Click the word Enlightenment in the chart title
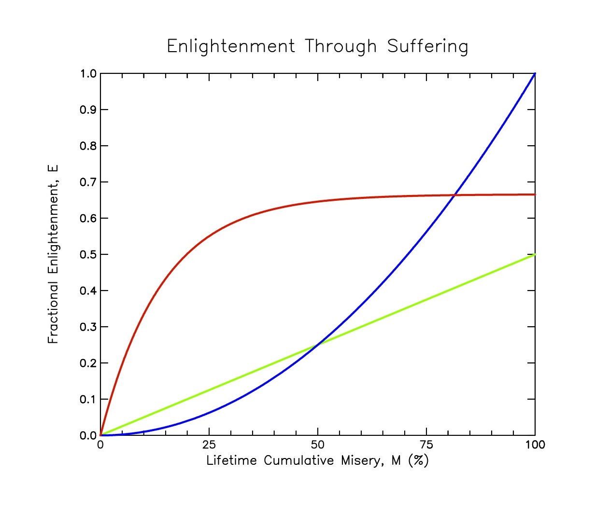click(x=231, y=47)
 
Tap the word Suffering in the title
click(x=427, y=47)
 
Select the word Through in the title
click(x=340, y=47)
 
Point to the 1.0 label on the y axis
click(x=88, y=74)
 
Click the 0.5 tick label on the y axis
click(x=88, y=255)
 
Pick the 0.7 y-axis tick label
click(x=88, y=182)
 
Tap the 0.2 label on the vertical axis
click(x=88, y=363)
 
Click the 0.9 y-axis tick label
click(x=88, y=110)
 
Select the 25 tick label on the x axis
click(x=209, y=445)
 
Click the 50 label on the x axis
click(x=318, y=445)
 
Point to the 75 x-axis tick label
click(x=426, y=445)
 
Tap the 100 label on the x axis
click(x=535, y=445)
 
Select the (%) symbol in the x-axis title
click(x=418, y=461)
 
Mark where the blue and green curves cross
click(x=318, y=345)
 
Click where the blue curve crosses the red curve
click(x=454, y=195)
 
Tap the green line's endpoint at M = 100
click(x=535, y=254)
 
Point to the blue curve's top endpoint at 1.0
click(x=535, y=74)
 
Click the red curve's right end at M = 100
click(x=535, y=195)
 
